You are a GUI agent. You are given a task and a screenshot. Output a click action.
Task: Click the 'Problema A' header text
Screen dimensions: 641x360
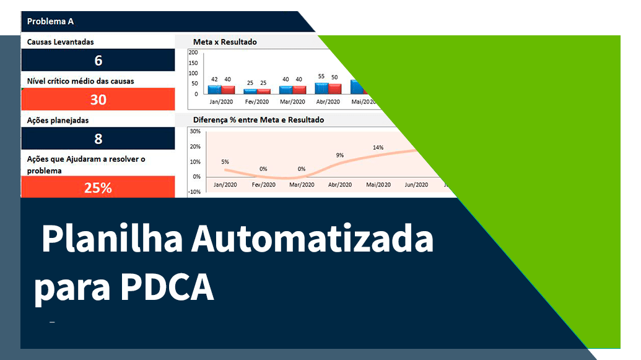[50, 21]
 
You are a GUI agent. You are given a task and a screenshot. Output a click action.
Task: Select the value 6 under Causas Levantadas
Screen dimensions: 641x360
[98, 60]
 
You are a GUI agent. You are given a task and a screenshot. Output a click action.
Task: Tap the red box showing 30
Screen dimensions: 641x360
[98, 99]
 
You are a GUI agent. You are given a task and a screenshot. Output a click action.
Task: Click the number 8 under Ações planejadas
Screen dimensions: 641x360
[98, 138]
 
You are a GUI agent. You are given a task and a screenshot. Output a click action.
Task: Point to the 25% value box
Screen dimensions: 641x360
[98, 187]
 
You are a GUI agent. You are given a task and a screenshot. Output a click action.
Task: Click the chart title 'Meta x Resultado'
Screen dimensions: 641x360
[225, 42]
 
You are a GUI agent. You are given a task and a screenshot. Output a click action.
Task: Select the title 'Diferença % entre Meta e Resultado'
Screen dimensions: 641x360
[258, 120]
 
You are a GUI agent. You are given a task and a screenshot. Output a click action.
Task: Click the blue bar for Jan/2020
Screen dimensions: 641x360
[214, 90]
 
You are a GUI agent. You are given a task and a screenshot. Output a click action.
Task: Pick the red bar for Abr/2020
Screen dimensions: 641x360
[335, 89]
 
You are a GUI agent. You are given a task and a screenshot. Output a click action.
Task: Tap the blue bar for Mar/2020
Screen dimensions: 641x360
[286, 90]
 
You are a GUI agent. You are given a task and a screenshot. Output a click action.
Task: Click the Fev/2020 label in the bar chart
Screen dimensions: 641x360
[257, 102]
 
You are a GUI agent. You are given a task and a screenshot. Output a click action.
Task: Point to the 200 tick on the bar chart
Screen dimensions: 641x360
[193, 53]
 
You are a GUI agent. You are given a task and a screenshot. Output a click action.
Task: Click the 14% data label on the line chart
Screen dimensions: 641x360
[378, 147]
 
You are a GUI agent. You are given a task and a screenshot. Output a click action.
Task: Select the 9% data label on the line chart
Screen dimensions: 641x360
[340, 155]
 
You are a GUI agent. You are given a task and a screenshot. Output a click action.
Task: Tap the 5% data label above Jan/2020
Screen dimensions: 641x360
[225, 162]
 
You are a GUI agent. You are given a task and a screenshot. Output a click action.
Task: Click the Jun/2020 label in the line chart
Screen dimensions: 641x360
[416, 185]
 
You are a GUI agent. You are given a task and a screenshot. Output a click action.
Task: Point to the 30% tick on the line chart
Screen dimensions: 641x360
[195, 131]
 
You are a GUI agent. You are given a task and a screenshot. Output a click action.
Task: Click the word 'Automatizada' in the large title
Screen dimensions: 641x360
[313, 239]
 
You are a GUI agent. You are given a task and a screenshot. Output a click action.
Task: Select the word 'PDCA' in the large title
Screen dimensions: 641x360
[167, 286]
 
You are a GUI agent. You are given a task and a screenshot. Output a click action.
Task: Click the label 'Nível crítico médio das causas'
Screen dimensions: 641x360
[81, 81]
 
